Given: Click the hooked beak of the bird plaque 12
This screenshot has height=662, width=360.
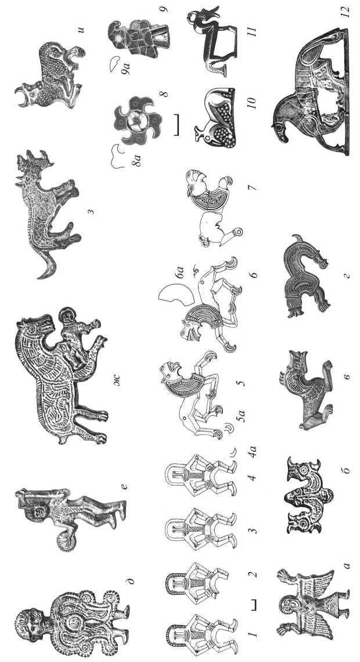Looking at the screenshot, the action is coord(279,130).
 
